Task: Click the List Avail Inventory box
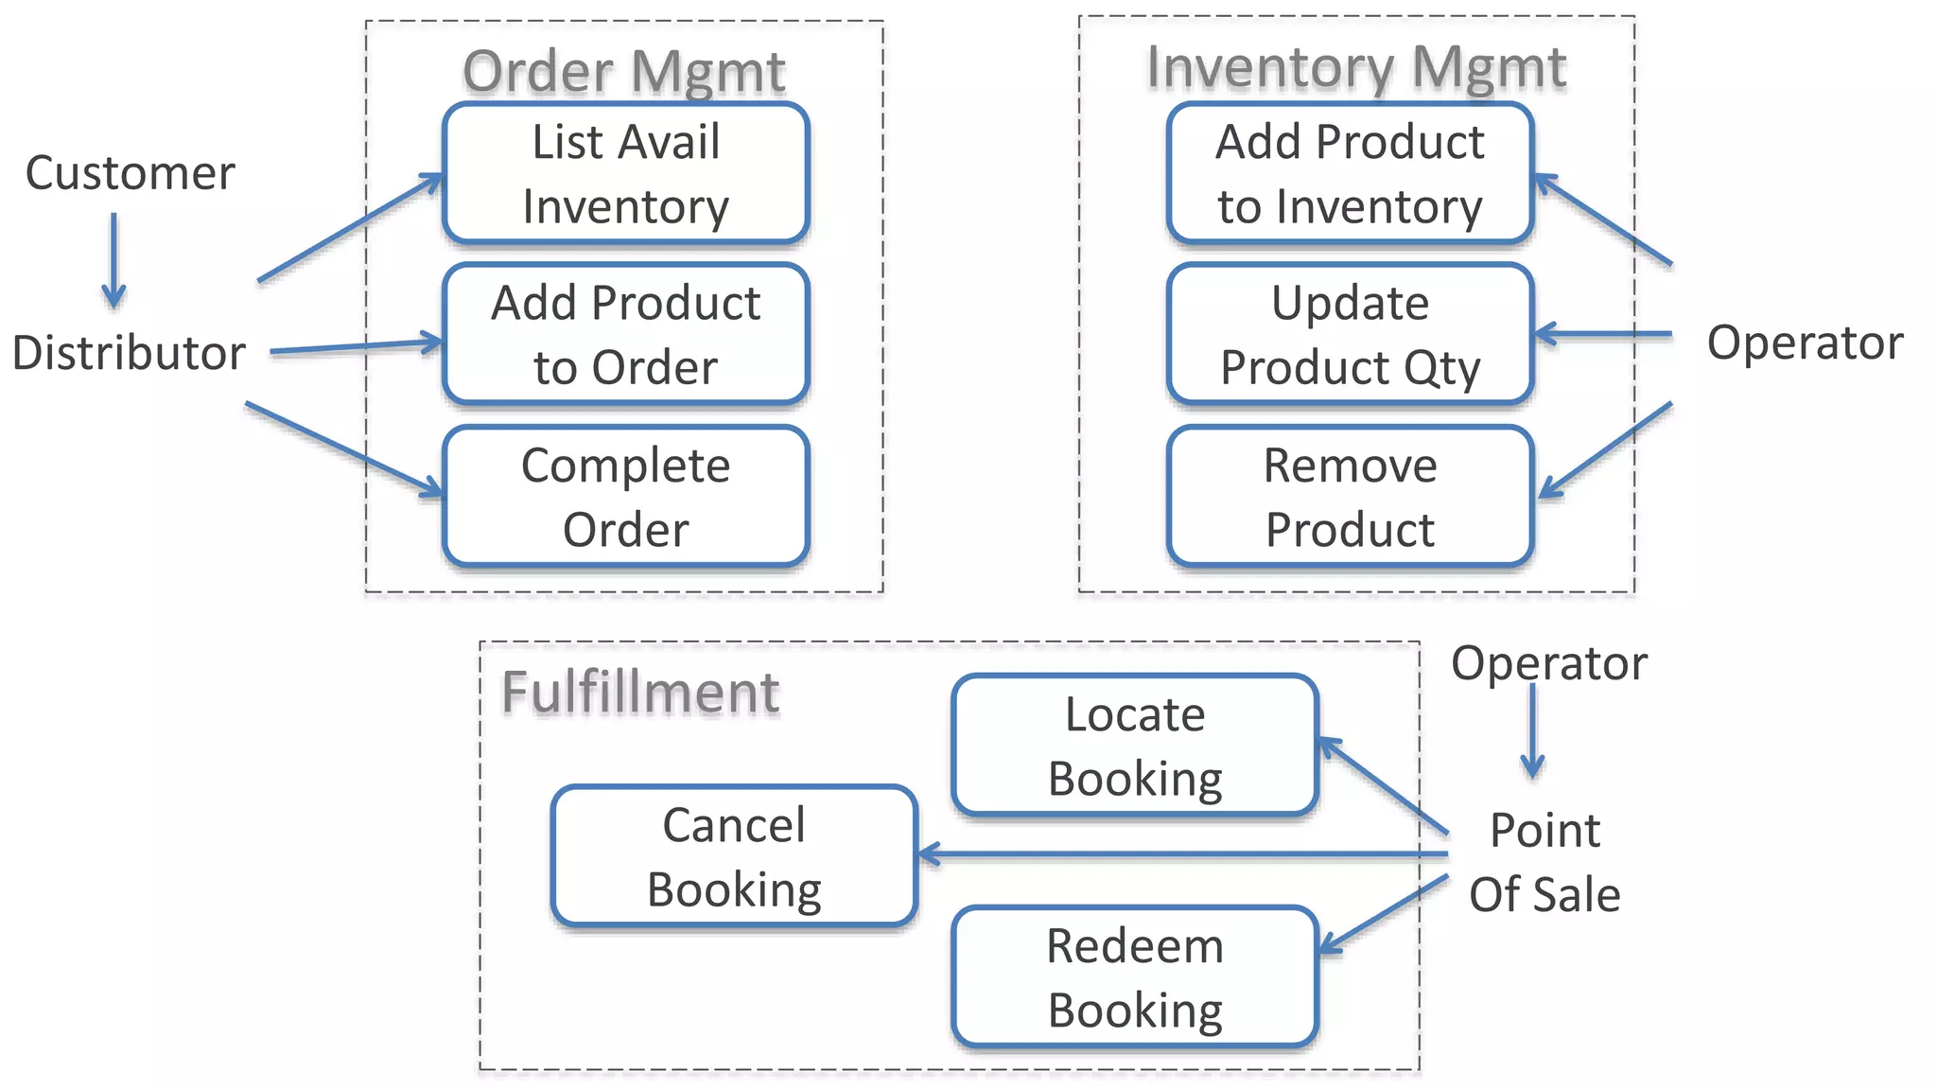625,174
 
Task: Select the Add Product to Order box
625,335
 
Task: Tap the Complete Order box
625,497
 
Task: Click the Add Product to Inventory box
1350,174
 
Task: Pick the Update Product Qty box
1350,335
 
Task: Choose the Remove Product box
1350,497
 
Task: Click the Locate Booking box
1135,746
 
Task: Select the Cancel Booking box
734,856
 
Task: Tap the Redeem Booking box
1135,977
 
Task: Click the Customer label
130,173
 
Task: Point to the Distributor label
129,353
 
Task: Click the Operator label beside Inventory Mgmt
1805,343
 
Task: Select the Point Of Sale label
1544,862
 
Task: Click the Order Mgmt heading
624,72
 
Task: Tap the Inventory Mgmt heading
1356,68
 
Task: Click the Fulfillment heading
640,693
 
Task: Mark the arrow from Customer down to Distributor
113,260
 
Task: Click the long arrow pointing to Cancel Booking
1182,855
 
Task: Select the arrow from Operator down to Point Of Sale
1532,730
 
